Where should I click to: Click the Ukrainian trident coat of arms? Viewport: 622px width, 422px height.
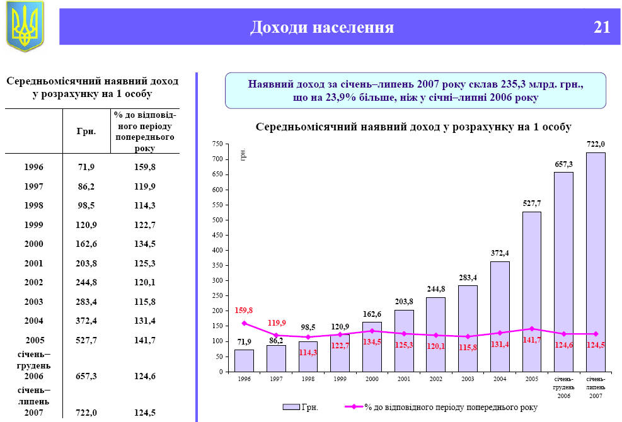pos(25,26)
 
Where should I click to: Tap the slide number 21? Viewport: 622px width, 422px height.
pos(601,27)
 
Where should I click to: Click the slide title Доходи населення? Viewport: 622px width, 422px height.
pos(322,27)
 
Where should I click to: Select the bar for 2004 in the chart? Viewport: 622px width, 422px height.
pos(500,316)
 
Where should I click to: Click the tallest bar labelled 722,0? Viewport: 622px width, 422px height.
pos(596,261)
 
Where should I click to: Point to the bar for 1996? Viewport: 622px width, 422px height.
pos(244,360)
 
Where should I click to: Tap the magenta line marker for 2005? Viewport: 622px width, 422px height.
pos(532,329)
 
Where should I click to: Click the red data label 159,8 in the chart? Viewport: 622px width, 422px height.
pos(243,311)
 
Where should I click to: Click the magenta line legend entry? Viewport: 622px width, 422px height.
pos(441,407)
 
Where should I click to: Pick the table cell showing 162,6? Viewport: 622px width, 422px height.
pos(86,244)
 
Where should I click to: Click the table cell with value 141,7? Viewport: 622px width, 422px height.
pos(144,340)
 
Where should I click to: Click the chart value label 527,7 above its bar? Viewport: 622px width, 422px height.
pos(532,203)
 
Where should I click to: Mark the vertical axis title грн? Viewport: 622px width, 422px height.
pos(243,155)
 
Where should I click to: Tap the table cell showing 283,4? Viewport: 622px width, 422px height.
pos(86,302)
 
